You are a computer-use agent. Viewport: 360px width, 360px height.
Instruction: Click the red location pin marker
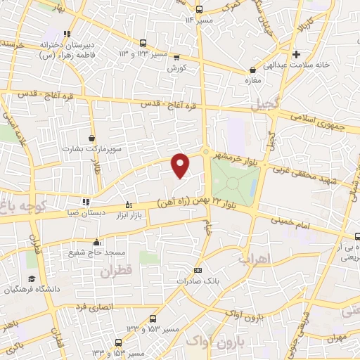pyautogui.click(x=181, y=165)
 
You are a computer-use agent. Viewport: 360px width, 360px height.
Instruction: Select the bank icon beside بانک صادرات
pyautogui.click(x=198, y=270)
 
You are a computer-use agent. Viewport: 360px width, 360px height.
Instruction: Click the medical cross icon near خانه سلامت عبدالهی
pyautogui.click(x=296, y=54)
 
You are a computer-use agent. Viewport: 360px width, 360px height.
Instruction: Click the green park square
pyautogui.click(x=234, y=181)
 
